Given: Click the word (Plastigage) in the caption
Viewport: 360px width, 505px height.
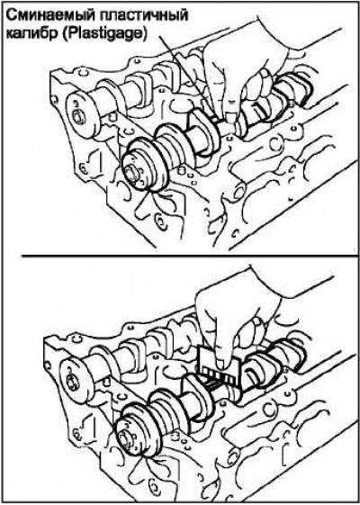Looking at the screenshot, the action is tap(104, 33).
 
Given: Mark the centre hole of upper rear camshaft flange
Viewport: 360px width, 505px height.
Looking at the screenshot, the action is tap(77, 117).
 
